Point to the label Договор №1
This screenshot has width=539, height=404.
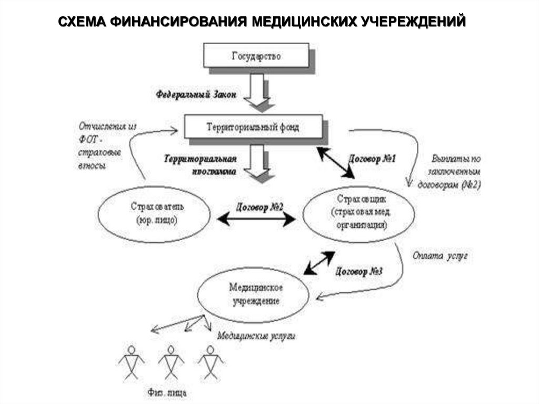pos(372,159)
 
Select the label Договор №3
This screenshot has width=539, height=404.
pos(358,272)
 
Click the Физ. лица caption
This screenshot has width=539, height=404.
pos(166,392)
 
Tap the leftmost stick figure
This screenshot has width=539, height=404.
pos(131,362)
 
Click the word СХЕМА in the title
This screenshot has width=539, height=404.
pos(82,22)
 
